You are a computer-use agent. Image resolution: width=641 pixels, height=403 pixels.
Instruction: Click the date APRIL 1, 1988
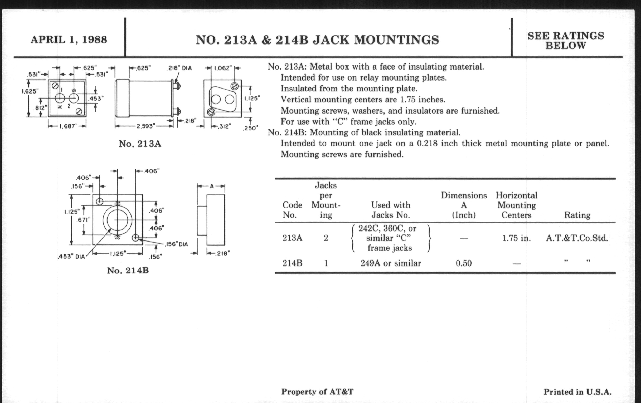[x=69, y=40]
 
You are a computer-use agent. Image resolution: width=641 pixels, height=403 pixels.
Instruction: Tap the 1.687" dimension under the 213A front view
[x=67, y=126]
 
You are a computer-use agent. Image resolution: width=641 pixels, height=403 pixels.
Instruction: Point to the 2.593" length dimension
[x=145, y=126]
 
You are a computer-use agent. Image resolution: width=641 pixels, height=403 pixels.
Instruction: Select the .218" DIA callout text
[x=179, y=68]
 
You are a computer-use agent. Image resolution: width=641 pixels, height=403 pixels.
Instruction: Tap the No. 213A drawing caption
[x=140, y=144]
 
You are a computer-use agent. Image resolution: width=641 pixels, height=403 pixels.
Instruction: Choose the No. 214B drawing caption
[x=128, y=271]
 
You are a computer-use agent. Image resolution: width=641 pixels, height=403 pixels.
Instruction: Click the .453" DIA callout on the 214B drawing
[x=71, y=257]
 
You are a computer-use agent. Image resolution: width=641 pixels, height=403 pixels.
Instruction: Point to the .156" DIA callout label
[x=176, y=244]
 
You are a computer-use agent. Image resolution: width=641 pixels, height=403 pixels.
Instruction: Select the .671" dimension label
[x=83, y=220]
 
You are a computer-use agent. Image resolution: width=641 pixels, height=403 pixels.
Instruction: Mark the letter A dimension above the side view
[x=212, y=186]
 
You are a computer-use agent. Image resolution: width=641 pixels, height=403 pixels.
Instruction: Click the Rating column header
[x=577, y=215]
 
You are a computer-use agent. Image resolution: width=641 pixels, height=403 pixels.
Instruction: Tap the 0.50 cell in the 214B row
[x=463, y=263]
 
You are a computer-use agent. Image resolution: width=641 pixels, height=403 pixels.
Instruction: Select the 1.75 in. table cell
[x=516, y=238]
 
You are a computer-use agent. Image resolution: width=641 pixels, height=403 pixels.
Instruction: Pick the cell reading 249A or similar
[x=391, y=263]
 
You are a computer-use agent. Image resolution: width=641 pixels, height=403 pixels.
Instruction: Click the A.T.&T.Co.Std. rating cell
[x=577, y=238]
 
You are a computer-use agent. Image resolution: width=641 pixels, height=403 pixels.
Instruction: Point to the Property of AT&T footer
[x=317, y=392]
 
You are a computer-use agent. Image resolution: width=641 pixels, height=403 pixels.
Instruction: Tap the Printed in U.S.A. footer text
[x=577, y=392]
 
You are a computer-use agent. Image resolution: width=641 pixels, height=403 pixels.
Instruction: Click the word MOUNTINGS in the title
[x=396, y=40]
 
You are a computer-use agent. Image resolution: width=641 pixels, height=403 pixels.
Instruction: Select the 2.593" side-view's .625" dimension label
[x=142, y=68]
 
